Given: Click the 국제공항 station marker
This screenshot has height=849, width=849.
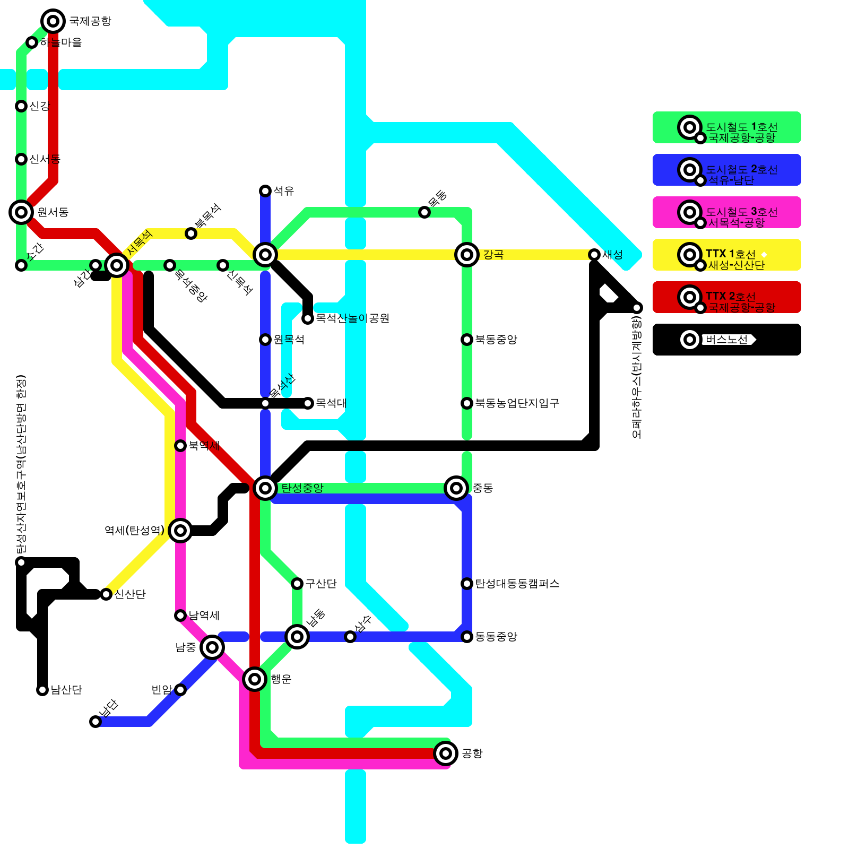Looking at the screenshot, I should tap(53, 21).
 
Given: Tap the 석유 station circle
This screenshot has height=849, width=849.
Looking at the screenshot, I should tap(265, 191).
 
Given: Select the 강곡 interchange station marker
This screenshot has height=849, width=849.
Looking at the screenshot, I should tap(467, 255).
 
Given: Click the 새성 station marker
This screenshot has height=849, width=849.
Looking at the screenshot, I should tap(594, 255).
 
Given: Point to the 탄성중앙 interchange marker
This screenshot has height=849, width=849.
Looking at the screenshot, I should tap(265, 488).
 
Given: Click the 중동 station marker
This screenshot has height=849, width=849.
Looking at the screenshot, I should tap(456, 488).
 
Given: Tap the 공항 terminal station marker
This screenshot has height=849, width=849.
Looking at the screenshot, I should tap(446, 753).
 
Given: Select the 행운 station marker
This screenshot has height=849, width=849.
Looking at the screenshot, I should tap(255, 679).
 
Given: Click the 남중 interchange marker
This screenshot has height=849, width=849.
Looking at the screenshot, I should tap(212, 647).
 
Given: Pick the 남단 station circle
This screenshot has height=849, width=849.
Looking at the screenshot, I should tap(96, 722).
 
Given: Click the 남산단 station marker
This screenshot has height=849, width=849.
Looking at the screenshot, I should tap(42, 690).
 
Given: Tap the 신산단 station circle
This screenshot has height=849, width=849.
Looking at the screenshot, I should tap(106, 594).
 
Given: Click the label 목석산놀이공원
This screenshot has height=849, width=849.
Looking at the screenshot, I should tap(353, 318).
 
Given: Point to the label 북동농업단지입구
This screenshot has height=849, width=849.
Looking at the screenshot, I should tap(517, 403).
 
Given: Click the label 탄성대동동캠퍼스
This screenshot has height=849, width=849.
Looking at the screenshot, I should tap(517, 584).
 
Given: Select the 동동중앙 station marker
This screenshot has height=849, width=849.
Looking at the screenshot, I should tap(467, 637).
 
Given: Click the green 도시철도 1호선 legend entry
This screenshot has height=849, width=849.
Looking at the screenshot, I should tap(726, 127).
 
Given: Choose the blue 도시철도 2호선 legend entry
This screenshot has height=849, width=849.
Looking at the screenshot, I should tap(726, 170).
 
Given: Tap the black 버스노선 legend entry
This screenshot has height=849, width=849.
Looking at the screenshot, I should tap(726, 340).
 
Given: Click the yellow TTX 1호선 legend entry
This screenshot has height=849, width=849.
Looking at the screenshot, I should tap(726, 255).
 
